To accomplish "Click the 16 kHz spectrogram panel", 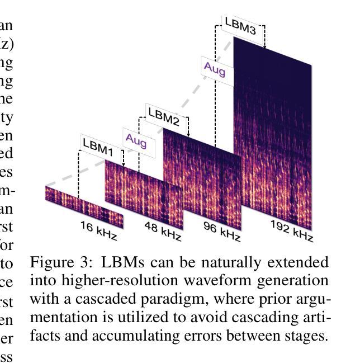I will [84, 207].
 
